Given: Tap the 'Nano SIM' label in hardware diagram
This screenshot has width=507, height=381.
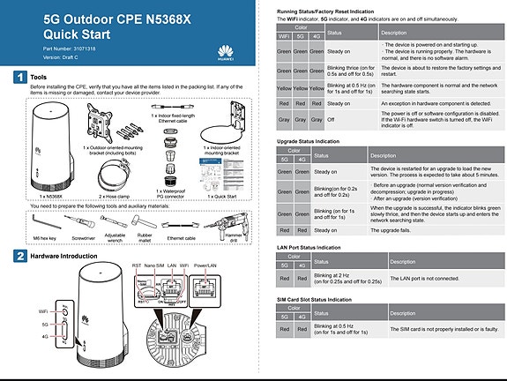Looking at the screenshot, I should (155, 265).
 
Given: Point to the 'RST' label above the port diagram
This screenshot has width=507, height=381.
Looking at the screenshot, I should (137, 265).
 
